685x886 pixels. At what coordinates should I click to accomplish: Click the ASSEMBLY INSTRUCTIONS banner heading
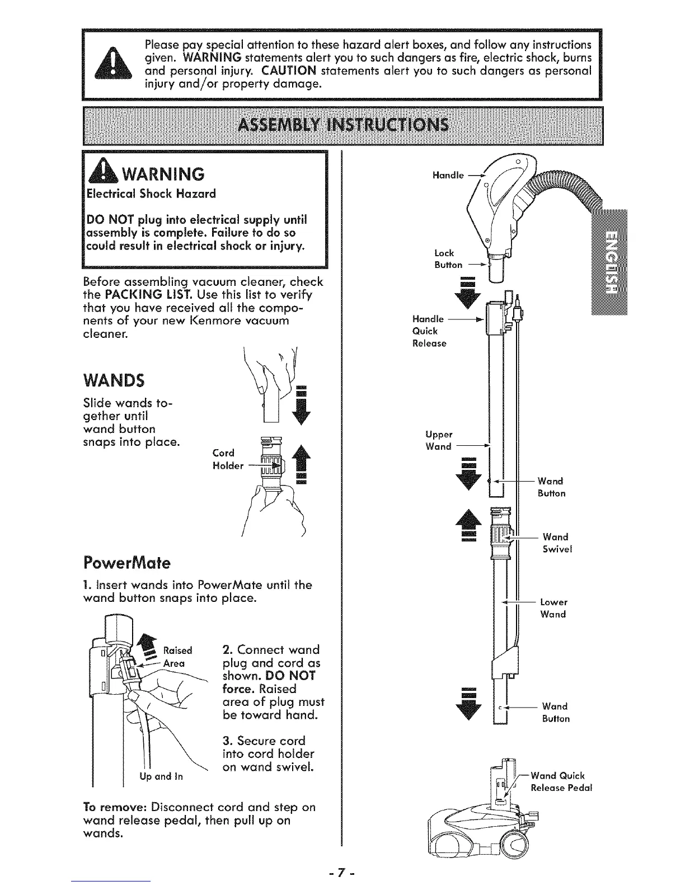point(343,125)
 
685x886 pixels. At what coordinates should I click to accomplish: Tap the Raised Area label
point(177,656)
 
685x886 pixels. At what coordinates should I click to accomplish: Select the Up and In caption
point(161,776)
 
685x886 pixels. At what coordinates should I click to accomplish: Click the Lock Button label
point(448,258)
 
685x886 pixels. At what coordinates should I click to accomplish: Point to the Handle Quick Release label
point(429,331)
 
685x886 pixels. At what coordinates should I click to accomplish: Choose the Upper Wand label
point(439,440)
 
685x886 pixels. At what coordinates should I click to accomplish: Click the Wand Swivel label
point(556,543)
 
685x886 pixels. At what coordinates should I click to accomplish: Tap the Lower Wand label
point(553,608)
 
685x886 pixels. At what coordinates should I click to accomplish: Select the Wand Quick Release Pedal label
point(560,781)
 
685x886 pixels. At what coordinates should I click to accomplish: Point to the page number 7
point(343,872)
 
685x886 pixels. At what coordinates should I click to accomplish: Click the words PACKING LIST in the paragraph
point(149,295)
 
